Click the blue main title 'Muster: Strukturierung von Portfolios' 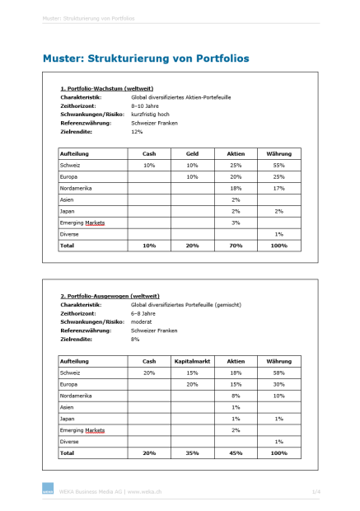pyautogui.click(x=146, y=59)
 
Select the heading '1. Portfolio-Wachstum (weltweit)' pyautogui.click(x=107, y=88)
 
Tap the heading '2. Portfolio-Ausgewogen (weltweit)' pyautogui.click(x=110, y=296)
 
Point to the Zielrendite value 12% pyautogui.click(x=137, y=131)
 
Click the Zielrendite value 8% pyautogui.click(x=135, y=339)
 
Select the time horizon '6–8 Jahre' pyautogui.click(x=145, y=313)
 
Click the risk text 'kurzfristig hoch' pyautogui.click(x=151, y=114)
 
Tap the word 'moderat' pyautogui.click(x=143, y=321)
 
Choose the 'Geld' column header pyautogui.click(x=192, y=154)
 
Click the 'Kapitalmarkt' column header pyautogui.click(x=192, y=361)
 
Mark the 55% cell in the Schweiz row pyautogui.click(x=278, y=166)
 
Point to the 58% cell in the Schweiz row pyautogui.click(x=278, y=373)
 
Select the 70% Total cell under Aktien pyautogui.click(x=236, y=246)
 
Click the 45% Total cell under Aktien pyautogui.click(x=236, y=452)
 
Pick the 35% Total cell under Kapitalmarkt pyautogui.click(x=192, y=452)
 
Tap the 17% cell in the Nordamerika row pyautogui.click(x=278, y=188)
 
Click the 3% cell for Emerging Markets pyautogui.click(x=236, y=223)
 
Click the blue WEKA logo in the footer pyautogui.click(x=46, y=492)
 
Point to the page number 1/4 pyautogui.click(x=316, y=492)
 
